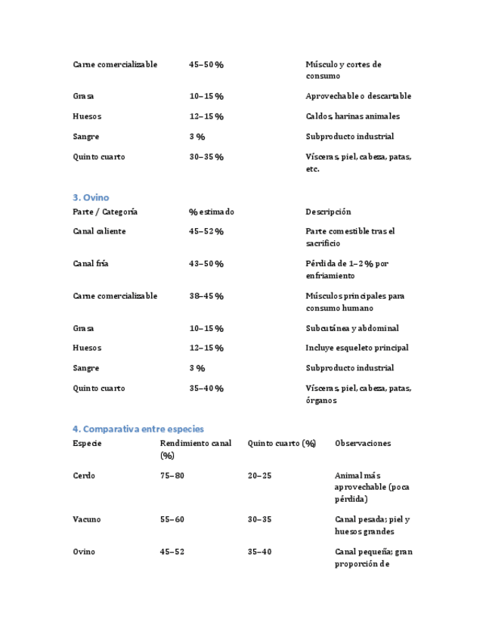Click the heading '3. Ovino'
pos(91,197)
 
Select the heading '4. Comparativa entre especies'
pos(138,429)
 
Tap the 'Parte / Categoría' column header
pos(105,212)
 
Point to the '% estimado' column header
pos(212,212)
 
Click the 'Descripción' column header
pos(328,212)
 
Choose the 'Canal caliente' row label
pos(99,231)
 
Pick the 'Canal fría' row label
pos(91,264)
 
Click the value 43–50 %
pos(206,264)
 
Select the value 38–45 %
pos(206,296)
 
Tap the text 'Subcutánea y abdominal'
pos(352,328)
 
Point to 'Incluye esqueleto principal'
pos(357,348)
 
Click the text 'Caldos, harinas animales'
pos(353,116)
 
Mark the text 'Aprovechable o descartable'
pos(358,96)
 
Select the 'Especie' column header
pos(87,443)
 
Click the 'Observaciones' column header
pos(363,443)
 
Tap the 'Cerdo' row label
pos(84,475)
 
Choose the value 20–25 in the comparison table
pos(259,475)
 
